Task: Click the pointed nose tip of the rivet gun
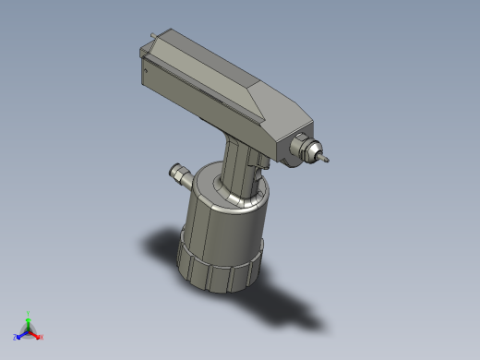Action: tap(327, 162)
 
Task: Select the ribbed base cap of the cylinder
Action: tap(222, 270)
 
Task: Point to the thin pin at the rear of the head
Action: tap(149, 36)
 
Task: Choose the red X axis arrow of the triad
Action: tap(36, 334)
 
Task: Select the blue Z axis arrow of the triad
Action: tap(22, 335)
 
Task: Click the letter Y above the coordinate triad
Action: tap(29, 313)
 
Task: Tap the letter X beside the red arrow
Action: tap(42, 337)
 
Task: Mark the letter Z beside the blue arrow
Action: tap(16, 338)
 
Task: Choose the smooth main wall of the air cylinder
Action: tap(222, 231)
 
